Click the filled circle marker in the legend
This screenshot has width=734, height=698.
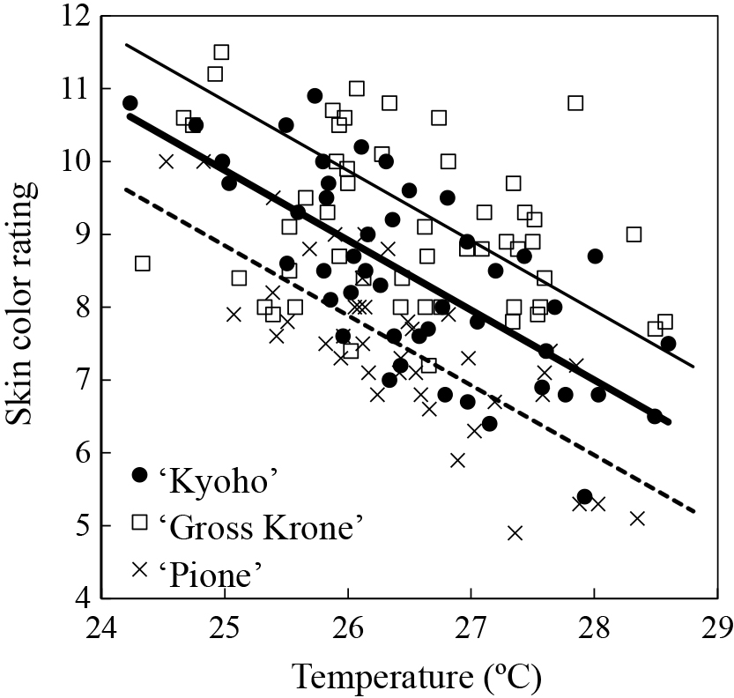tap(139, 475)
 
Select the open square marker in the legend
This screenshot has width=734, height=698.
tap(139, 522)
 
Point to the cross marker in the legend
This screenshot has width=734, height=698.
tap(139, 569)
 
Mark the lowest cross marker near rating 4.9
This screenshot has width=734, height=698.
tap(515, 532)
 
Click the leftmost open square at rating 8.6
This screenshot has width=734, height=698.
tap(143, 264)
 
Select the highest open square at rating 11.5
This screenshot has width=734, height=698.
tap(221, 52)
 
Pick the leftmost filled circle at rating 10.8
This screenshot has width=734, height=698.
tap(130, 103)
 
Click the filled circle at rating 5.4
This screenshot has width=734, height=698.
tap(584, 497)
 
